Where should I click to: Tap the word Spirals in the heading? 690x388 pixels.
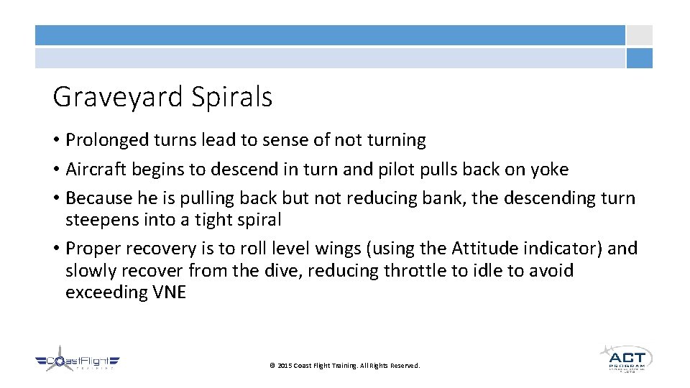point(231,97)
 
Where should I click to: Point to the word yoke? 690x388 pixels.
point(549,170)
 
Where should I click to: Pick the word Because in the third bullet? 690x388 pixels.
point(98,198)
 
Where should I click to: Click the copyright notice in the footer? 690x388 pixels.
point(344,366)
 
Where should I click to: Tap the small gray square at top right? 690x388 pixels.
point(639,35)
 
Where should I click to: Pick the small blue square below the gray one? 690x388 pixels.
point(639,58)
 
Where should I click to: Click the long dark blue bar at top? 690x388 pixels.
point(331,35)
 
